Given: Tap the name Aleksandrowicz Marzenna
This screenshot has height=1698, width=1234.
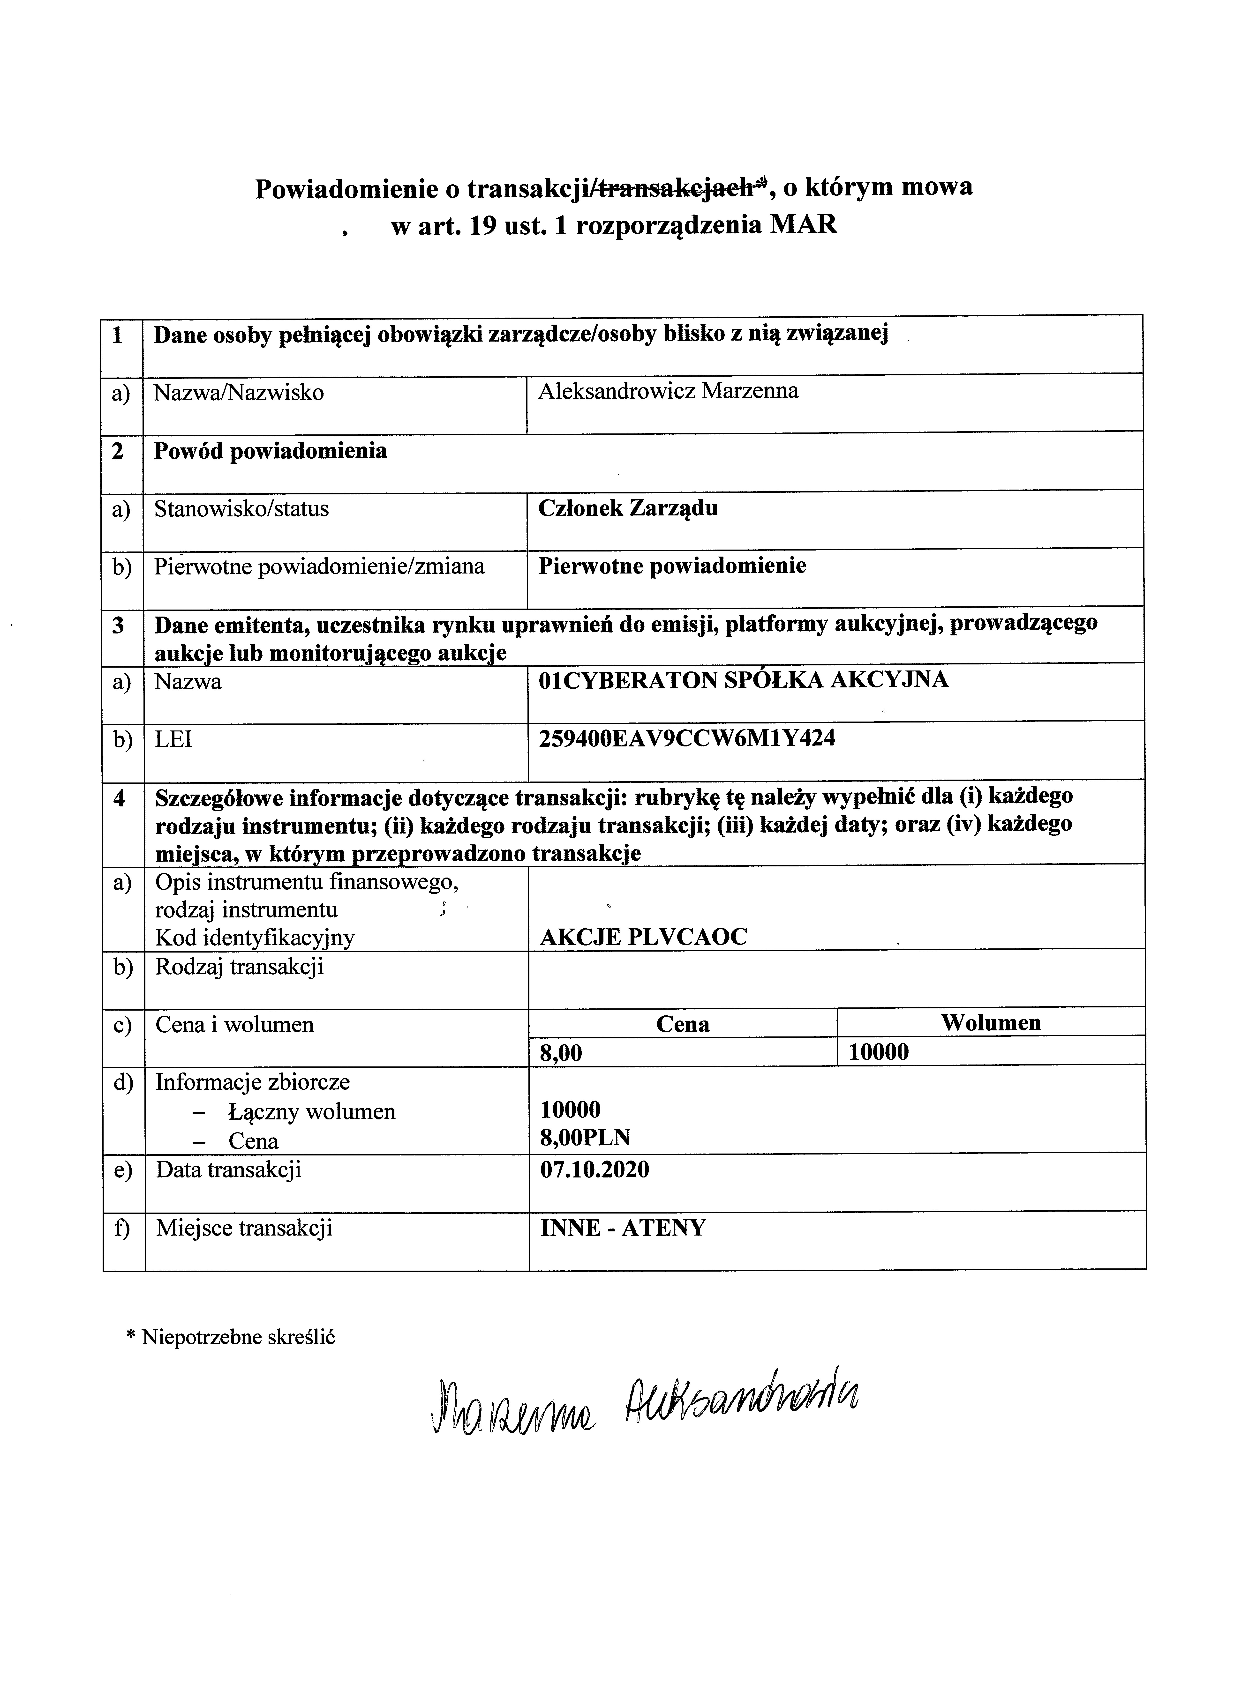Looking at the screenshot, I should [668, 391].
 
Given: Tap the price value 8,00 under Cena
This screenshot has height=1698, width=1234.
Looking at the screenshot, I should [561, 1053].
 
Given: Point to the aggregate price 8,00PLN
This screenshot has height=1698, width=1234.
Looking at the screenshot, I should [585, 1138].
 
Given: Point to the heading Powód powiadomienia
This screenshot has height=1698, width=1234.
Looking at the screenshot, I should [270, 451].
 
